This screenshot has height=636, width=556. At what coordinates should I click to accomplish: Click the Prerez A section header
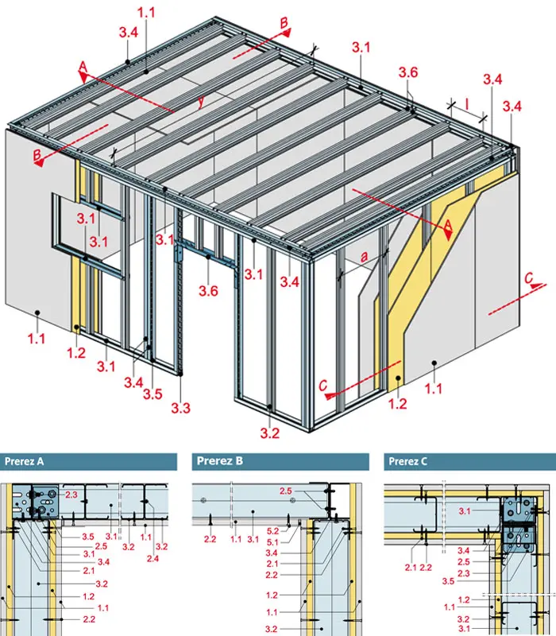click(x=25, y=461)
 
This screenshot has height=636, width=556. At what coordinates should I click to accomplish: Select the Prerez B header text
click(x=220, y=461)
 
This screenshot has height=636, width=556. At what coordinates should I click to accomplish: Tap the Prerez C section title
click(x=407, y=461)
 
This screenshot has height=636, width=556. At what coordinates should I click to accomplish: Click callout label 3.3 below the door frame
click(x=180, y=408)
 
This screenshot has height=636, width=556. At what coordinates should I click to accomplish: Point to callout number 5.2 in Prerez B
click(x=272, y=530)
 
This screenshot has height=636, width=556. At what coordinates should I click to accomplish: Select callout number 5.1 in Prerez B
click(x=272, y=542)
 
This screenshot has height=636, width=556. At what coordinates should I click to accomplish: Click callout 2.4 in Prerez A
click(x=153, y=559)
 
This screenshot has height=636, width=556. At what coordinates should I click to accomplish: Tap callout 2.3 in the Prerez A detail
click(x=71, y=494)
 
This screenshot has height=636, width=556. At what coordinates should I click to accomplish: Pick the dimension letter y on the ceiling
click(x=201, y=102)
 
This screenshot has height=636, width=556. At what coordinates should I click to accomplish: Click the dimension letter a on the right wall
click(x=365, y=256)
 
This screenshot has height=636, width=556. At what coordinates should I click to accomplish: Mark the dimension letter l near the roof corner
click(x=467, y=104)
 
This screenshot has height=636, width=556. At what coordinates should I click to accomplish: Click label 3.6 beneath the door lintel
click(x=208, y=290)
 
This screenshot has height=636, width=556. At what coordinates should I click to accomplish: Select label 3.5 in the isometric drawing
click(x=153, y=394)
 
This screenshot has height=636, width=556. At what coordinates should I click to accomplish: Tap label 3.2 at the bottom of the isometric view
click(x=270, y=433)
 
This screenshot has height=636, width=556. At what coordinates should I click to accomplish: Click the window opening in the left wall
click(x=88, y=235)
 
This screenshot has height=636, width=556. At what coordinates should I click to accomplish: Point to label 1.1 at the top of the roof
click(x=146, y=13)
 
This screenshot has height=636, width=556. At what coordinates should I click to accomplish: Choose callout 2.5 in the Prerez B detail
click(x=285, y=491)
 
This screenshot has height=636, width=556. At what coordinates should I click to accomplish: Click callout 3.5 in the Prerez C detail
click(x=448, y=581)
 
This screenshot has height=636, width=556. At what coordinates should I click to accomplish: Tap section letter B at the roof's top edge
click(x=284, y=23)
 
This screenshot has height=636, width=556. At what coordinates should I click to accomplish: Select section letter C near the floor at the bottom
click(x=322, y=385)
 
